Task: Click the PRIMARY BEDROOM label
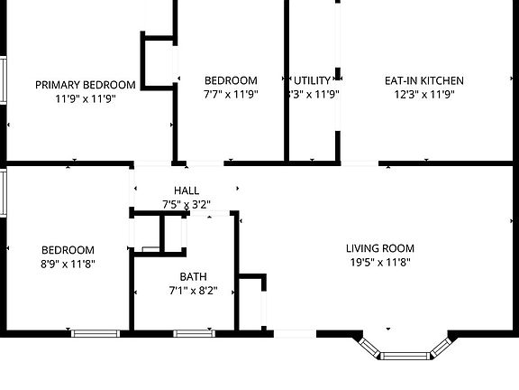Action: [86, 85]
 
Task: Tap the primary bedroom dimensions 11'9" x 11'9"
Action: [86, 97]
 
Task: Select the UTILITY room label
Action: [313, 80]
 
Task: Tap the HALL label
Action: [187, 190]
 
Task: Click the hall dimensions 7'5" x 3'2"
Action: [187, 204]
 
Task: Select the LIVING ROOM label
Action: [380, 248]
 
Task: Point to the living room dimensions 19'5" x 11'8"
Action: [380, 262]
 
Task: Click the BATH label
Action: [193, 277]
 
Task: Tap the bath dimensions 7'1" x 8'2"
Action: [193, 291]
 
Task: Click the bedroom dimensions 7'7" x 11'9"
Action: [231, 93]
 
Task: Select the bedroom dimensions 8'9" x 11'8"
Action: [68, 264]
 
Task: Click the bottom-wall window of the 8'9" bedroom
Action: [96, 333]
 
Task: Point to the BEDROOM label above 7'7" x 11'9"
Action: [231, 80]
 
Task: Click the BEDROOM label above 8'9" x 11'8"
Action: [68, 250]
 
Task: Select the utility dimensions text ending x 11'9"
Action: [314, 93]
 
